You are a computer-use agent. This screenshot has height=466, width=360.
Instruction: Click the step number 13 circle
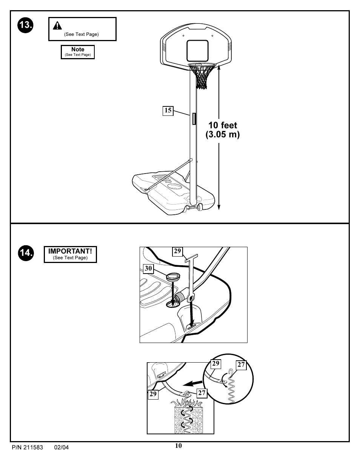pos(26,25)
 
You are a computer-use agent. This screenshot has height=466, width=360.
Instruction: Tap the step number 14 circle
pos(26,252)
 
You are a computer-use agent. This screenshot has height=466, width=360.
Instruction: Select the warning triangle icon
pos(57,26)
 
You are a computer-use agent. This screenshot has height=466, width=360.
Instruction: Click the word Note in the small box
pos(78,49)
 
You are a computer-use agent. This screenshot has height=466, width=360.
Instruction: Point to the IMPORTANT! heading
pos(70,251)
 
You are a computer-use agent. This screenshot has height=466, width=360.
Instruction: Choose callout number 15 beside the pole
pos(168,111)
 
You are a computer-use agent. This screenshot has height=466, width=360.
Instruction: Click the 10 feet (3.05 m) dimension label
pos(223,130)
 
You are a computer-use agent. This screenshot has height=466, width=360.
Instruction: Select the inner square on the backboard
pos(197,51)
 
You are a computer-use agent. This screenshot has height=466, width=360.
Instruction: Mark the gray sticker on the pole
pos(194,118)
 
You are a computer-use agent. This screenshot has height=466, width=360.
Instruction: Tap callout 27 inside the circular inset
pos(241,365)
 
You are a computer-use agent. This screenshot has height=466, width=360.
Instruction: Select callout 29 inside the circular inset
pos(215,364)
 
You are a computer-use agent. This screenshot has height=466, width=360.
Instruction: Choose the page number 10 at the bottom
pos(178,446)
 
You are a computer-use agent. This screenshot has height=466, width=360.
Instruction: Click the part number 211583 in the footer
pos(33,448)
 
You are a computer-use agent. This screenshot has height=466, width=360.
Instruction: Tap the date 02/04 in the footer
pos(62,448)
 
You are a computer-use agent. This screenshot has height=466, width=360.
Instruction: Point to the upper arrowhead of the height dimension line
pos(219,67)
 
